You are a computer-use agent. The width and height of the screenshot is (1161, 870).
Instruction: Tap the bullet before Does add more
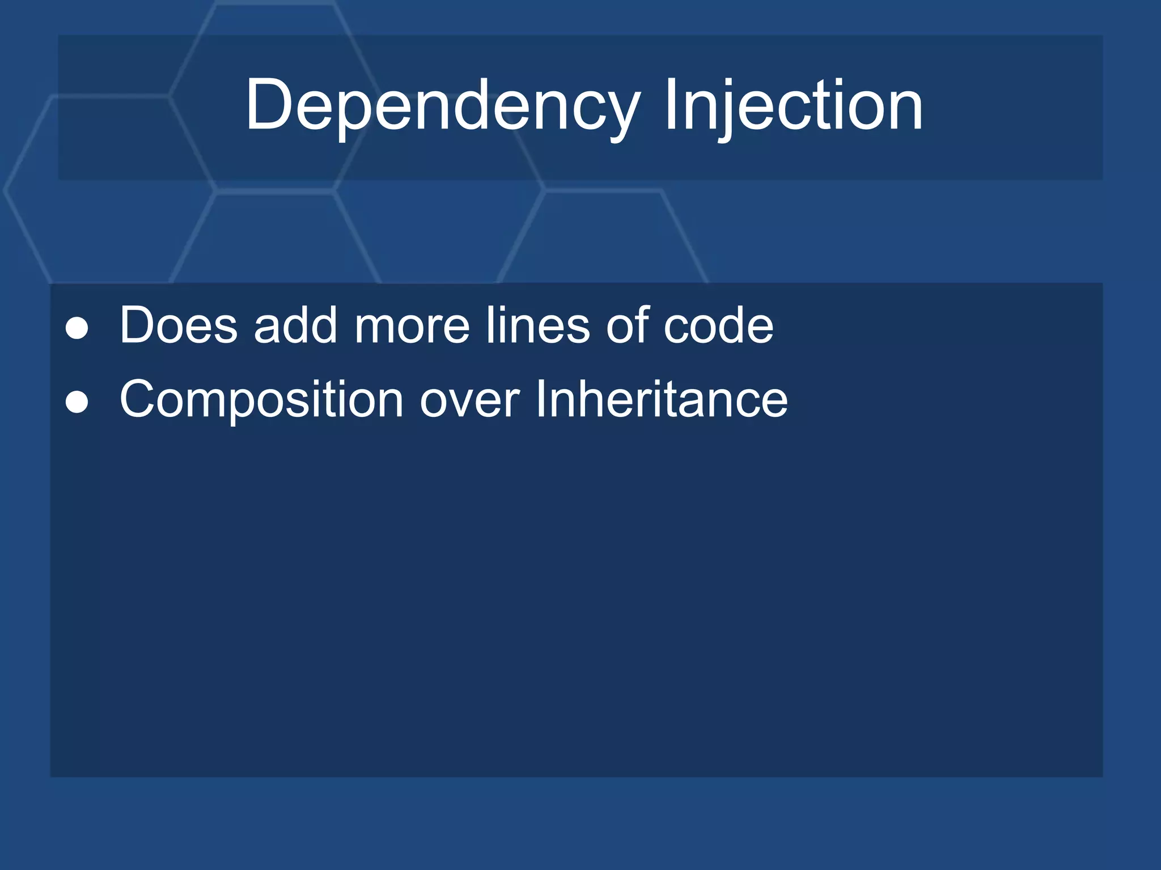pos(77,328)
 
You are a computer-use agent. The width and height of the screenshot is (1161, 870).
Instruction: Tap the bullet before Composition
pos(77,402)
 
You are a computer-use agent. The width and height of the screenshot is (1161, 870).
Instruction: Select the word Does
pos(179,325)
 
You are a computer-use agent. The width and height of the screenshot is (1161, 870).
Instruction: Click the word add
pos(295,325)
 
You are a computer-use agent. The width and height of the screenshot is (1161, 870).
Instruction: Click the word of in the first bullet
pos(627,325)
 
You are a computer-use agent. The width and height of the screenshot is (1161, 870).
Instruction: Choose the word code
pos(718,326)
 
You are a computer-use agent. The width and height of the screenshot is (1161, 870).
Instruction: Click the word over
pos(469,402)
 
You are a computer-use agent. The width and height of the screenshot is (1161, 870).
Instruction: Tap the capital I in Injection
pos(671,104)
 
